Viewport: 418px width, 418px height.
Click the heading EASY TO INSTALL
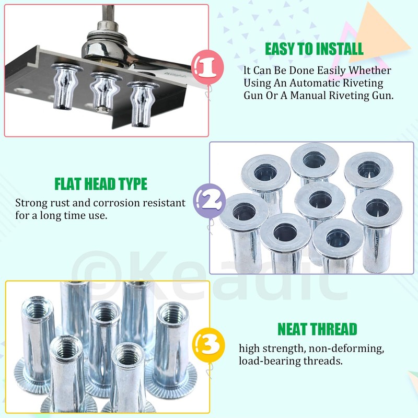pos(313,49)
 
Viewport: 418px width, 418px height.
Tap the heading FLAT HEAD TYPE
pos(101,184)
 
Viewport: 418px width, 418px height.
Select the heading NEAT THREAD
pos(317,329)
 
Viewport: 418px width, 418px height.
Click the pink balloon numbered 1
pos(208,67)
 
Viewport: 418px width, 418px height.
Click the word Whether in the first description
pos(372,69)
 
